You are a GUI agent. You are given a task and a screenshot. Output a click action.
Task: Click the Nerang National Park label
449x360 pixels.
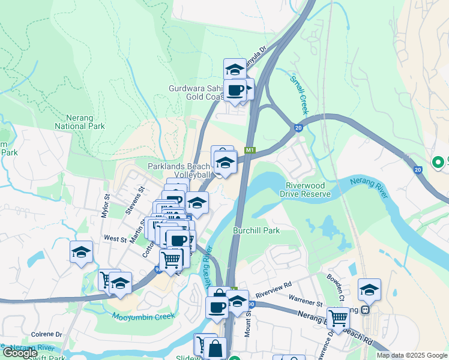tap(80, 122)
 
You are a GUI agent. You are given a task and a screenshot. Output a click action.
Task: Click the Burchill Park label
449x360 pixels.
tap(256, 230)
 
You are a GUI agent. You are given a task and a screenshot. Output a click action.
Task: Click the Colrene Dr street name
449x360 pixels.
tap(47, 334)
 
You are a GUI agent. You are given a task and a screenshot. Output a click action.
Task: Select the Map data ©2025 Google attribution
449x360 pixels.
tap(412, 355)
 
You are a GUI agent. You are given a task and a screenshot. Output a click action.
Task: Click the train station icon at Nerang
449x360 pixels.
tap(364, 310)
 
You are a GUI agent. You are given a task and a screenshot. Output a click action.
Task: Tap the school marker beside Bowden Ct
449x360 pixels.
tap(369, 289)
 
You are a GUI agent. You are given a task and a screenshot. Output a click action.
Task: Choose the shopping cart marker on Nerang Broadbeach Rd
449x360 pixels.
tap(339, 318)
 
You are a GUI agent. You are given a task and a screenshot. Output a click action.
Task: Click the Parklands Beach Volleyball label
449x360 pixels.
tap(179, 170)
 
